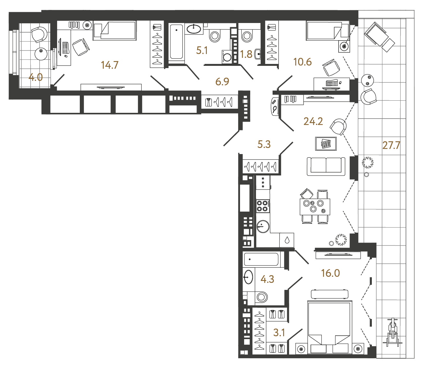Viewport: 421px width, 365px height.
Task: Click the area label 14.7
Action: (x=109, y=65)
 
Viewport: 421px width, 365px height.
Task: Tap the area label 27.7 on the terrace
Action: (x=391, y=145)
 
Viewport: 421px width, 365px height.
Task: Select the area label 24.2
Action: (x=313, y=121)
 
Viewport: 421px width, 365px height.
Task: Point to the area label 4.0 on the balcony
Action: (x=35, y=77)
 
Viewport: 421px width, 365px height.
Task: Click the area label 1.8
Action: (x=246, y=54)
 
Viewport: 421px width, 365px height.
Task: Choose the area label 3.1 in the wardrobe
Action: (x=279, y=333)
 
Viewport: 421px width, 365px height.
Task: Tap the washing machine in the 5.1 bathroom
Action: (x=227, y=57)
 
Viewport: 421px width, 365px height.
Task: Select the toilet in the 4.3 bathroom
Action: (x=261, y=297)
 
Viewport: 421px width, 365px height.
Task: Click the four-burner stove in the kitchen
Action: (x=262, y=206)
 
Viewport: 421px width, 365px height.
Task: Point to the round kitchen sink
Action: (x=263, y=226)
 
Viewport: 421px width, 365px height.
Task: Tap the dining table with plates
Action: (x=315, y=206)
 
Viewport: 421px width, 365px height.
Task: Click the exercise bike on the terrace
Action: (x=392, y=332)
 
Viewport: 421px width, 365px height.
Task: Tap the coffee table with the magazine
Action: (x=326, y=144)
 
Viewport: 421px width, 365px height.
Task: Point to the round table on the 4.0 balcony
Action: (x=41, y=54)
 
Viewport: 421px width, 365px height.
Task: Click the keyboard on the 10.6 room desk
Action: (x=332, y=83)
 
